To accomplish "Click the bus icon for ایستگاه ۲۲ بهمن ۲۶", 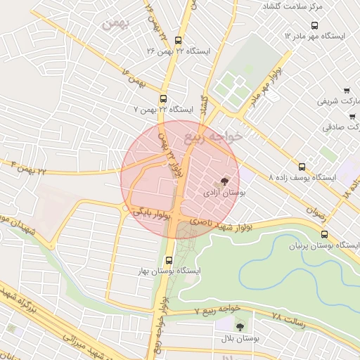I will pyautogui.click(x=178, y=41).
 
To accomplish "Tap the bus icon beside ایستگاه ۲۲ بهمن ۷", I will pyautogui.click(x=164, y=99).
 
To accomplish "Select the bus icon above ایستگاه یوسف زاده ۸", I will pyautogui.click(x=302, y=167).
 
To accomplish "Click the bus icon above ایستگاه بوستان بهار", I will pyautogui.click(x=168, y=259).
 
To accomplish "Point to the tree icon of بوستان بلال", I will pyautogui.click(x=240, y=326).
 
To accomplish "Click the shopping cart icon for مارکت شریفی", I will pyautogui.click(x=347, y=90).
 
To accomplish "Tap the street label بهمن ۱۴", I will pyautogui.click(x=132, y=78).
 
